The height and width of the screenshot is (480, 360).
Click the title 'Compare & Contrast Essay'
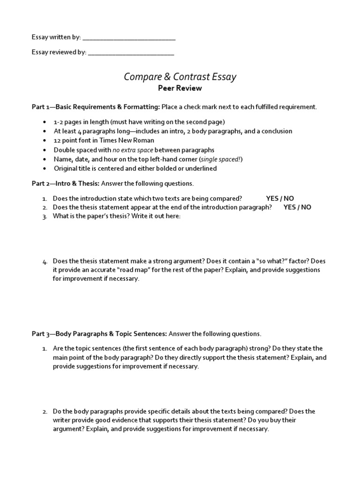(x=180, y=76)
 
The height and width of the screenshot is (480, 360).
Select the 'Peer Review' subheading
(x=180, y=88)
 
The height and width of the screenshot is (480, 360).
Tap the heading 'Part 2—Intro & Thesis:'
(x=65, y=183)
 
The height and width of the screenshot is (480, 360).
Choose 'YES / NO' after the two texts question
(x=280, y=198)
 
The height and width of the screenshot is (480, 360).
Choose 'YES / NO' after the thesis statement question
(x=297, y=207)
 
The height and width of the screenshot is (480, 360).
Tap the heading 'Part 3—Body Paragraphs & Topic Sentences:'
(x=99, y=334)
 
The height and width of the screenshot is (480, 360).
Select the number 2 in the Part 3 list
(x=45, y=412)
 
